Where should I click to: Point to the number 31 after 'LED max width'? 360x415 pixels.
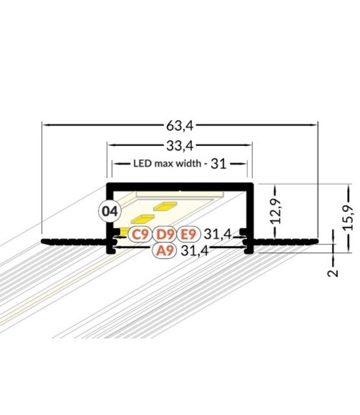(x=219, y=163)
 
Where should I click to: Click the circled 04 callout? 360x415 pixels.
(x=110, y=211)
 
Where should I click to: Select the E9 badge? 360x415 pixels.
(x=188, y=234)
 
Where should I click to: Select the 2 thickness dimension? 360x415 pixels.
(x=333, y=272)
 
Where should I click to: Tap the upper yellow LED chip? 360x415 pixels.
(x=165, y=207)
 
